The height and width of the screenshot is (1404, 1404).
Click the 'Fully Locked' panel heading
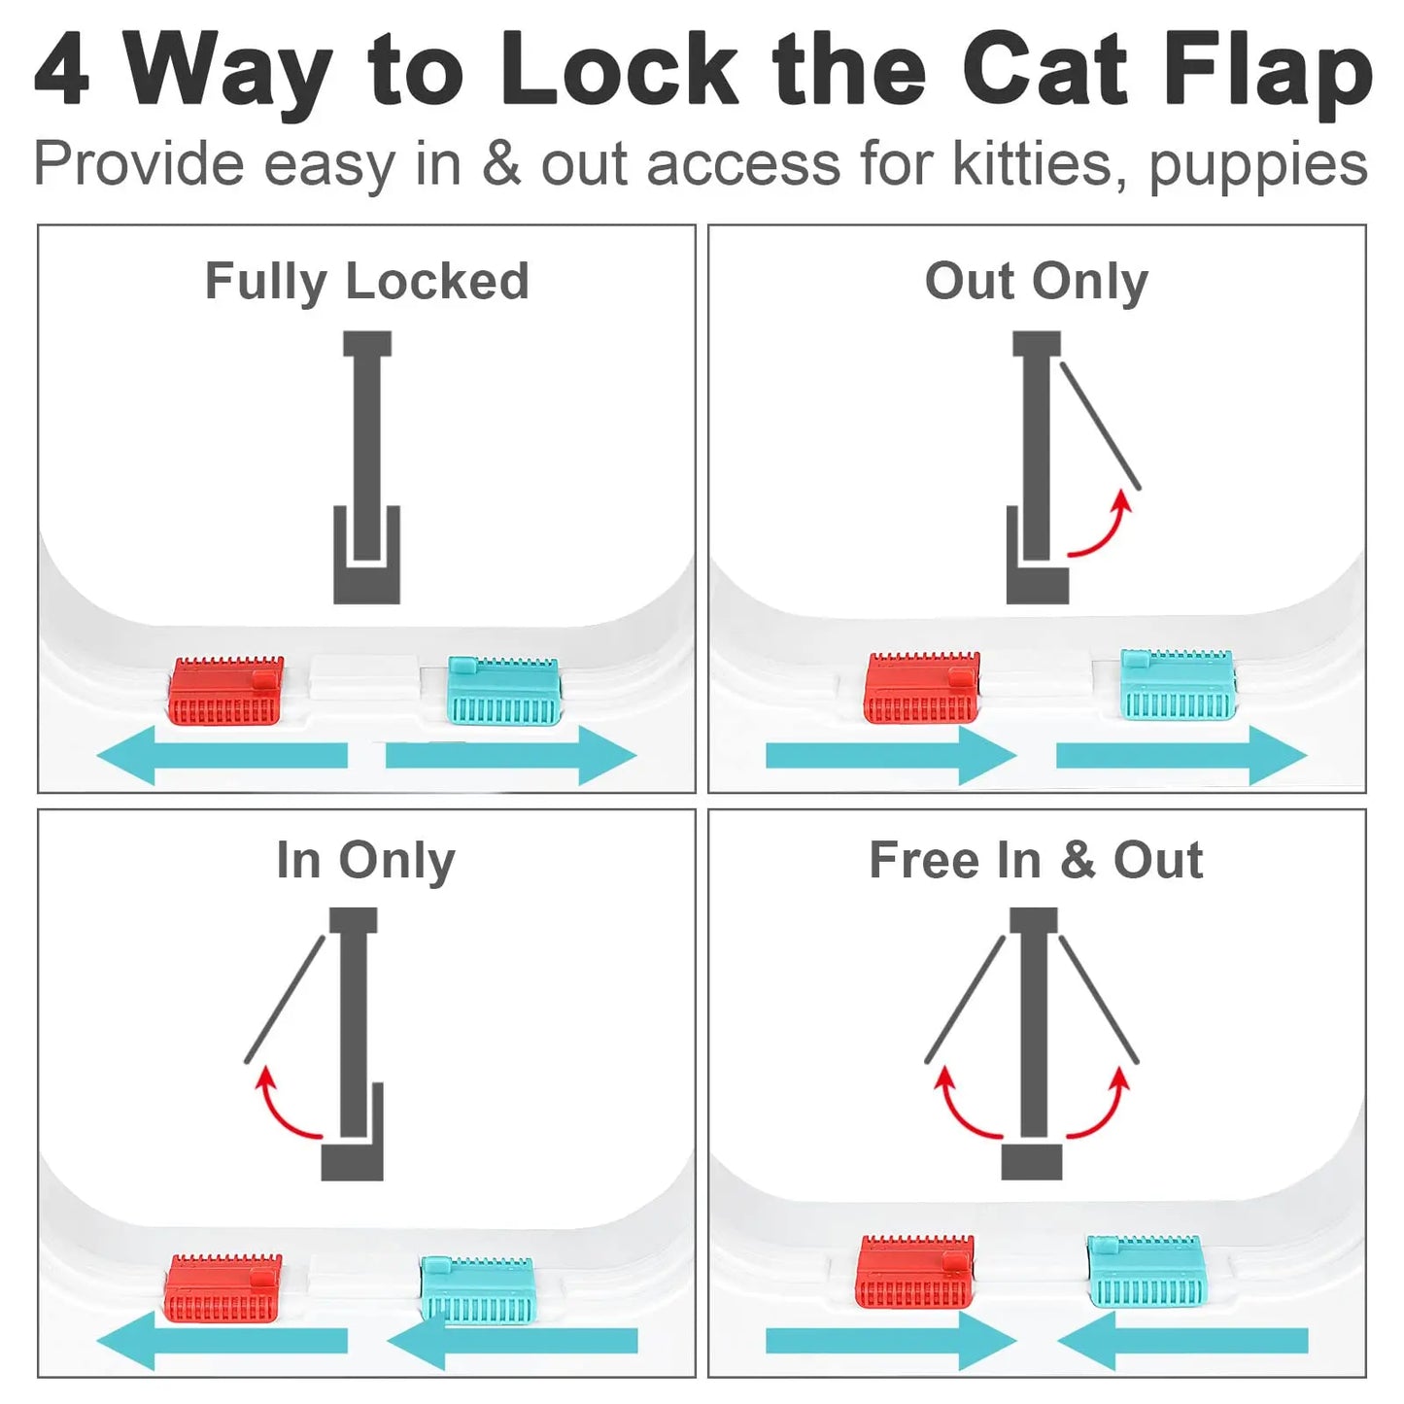pyautogui.click(x=366, y=282)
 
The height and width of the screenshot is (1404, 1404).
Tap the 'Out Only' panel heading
pyautogui.click(x=1036, y=282)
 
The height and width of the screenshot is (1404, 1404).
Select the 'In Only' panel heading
pyautogui.click(x=365, y=861)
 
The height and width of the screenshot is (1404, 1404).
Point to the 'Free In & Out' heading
pyautogui.click(x=1036, y=861)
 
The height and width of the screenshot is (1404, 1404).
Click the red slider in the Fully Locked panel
pyautogui.click(x=226, y=691)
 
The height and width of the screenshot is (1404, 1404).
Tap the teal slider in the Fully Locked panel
pyautogui.click(x=503, y=691)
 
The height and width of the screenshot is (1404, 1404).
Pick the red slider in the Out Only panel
pyautogui.click(x=921, y=688)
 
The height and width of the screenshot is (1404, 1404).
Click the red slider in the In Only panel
pyautogui.click(x=223, y=1288)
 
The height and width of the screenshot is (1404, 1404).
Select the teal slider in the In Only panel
pyautogui.click(x=477, y=1288)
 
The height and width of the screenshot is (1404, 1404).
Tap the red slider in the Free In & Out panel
pyautogui.click(x=915, y=1272)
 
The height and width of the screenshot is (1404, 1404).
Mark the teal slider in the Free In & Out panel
pyautogui.click(x=1147, y=1271)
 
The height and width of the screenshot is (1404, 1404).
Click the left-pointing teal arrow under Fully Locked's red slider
pyautogui.click(x=223, y=755)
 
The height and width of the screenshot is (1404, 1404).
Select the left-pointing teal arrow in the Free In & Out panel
pyautogui.click(x=1182, y=1341)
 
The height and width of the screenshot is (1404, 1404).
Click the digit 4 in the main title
pyautogui.click(x=62, y=71)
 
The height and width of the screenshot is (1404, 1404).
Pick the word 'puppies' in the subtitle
pyautogui.click(x=1258, y=165)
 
